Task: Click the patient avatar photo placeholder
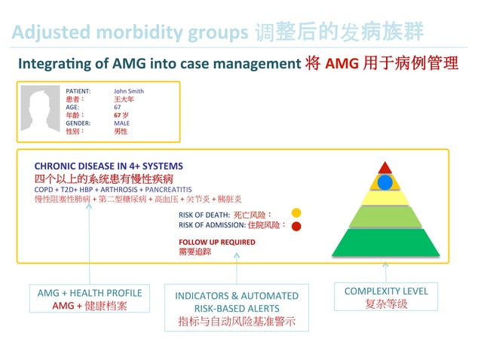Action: click(40, 110)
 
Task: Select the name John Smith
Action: click(128, 91)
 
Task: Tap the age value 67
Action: click(118, 107)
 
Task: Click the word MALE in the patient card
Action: click(122, 123)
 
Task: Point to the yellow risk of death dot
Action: click(296, 213)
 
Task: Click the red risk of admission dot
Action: click(296, 225)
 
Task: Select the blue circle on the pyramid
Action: click(385, 182)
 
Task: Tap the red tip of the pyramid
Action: click(385, 168)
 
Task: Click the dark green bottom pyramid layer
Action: click(385, 243)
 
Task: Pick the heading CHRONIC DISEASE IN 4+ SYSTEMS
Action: click(109, 166)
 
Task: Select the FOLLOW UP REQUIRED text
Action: click(216, 242)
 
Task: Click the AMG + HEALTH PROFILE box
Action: click(90, 298)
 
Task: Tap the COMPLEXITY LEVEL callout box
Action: click(385, 297)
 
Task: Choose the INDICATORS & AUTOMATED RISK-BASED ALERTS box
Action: click(237, 307)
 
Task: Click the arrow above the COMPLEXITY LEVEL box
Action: click(385, 270)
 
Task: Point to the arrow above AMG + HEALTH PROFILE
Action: click(89, 241)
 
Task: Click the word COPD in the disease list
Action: click(43, 189)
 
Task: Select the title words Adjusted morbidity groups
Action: click(130, 32)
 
